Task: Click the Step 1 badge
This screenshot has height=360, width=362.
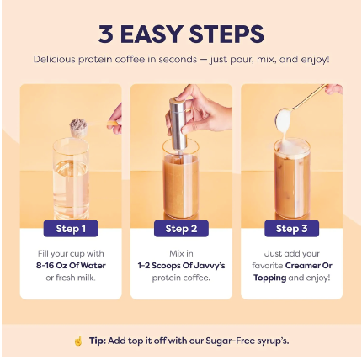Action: [71, 229]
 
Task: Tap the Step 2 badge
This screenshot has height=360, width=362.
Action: [181, 229]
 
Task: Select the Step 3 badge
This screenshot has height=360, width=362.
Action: [291, 229]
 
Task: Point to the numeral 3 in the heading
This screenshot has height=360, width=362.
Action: [106, 34]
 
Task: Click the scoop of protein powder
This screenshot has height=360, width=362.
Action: [78, 128]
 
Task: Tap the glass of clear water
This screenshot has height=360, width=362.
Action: [71, 178]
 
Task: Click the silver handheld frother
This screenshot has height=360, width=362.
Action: [178, 124]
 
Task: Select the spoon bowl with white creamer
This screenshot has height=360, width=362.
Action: [285, 120]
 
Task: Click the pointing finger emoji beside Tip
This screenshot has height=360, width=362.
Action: [78, 341]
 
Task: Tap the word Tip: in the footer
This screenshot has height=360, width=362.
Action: [98, 341]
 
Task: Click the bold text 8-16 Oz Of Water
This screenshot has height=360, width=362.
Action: [71, 266]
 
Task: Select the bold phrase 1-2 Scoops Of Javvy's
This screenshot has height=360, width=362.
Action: [181, 266]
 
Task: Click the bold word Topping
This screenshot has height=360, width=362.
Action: [270, 278]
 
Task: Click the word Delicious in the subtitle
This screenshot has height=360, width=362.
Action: [55, 60]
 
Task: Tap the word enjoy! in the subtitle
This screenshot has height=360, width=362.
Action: [315, 60]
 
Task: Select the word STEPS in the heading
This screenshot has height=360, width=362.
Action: [226, 34]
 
